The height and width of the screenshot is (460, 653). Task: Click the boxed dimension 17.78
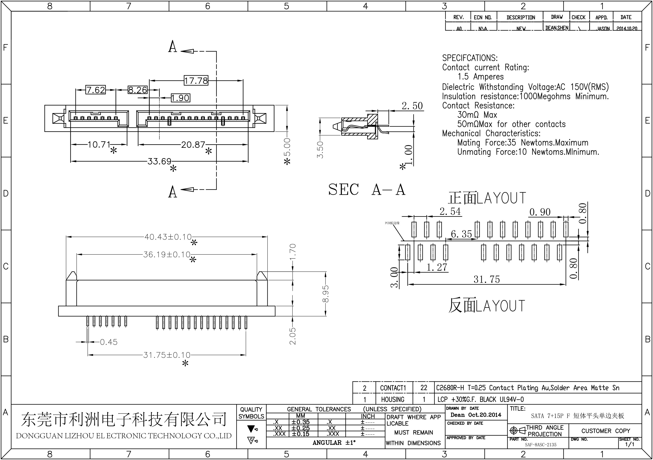[196, 81]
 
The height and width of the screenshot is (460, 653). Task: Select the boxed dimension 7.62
[96, 90]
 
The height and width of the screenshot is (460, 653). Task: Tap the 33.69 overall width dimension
[159, 161]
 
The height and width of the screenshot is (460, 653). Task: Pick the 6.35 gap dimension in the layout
[461, 234]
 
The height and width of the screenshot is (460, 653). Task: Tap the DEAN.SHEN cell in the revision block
[557, 28]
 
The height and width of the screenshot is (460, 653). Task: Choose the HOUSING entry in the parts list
[392, 399]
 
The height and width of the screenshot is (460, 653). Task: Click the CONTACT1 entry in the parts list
[393, 388]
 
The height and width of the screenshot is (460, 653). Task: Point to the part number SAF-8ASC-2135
[540, 445]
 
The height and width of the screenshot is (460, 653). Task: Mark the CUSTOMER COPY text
[606, 431]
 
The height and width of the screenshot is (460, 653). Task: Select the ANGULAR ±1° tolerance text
[334, 443]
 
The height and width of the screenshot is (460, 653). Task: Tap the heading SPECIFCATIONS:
[470, 58]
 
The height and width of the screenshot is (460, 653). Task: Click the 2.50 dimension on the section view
[412, 106]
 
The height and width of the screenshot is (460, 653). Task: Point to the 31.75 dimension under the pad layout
[487, 279]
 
